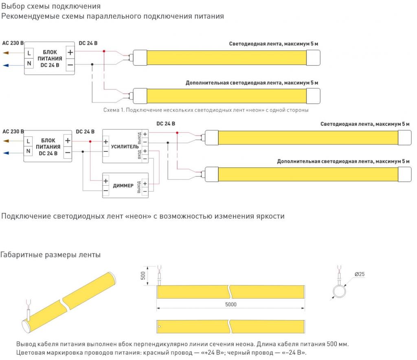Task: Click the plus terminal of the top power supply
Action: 70,53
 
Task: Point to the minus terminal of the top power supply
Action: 70,65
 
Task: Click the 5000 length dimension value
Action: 230,304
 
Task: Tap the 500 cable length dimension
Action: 143,275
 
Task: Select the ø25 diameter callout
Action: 359,274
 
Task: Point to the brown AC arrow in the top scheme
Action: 6,53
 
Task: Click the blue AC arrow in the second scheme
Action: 6,153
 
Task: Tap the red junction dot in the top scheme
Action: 104,51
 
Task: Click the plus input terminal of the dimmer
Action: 106,181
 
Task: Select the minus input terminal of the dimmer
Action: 106,191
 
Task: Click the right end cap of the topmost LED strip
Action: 313,57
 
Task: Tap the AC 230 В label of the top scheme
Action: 13,43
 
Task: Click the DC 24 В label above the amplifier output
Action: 166,123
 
